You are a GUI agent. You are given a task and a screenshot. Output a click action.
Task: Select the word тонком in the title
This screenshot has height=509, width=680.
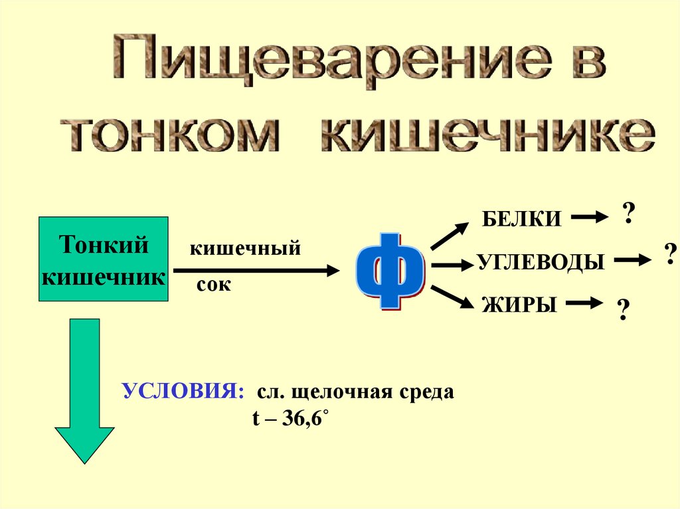[175, 135]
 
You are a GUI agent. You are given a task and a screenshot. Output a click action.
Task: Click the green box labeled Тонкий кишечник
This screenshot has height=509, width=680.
[104, 259]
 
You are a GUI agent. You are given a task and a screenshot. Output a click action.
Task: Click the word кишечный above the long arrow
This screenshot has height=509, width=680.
[246, 249]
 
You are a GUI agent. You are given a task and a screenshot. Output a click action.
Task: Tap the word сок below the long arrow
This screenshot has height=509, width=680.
[214, 285]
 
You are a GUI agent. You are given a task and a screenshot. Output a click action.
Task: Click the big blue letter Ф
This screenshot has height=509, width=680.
[390, 270]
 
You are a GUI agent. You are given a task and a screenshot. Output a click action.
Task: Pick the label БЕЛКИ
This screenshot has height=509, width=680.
[522, 219]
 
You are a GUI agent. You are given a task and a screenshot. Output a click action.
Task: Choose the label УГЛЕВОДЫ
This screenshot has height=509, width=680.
[541, 262]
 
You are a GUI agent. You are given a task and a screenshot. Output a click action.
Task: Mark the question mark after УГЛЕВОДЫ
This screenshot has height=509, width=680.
[670, 254]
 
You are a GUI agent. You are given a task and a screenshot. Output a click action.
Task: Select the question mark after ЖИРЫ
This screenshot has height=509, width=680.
[623, 310]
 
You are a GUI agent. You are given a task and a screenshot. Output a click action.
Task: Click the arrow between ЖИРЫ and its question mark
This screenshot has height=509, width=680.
[588, 304]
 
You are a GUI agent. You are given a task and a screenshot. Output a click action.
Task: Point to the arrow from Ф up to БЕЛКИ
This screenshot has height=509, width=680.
[450, 236]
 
